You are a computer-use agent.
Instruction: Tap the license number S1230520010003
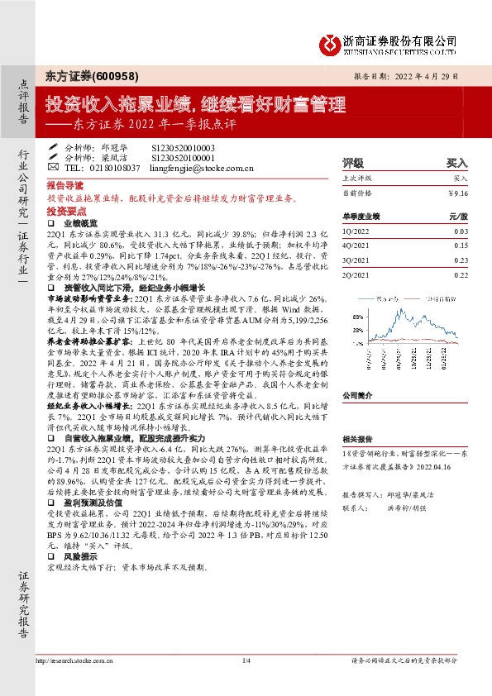point(183,145)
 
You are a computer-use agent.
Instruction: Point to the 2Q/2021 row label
point(356,273)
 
